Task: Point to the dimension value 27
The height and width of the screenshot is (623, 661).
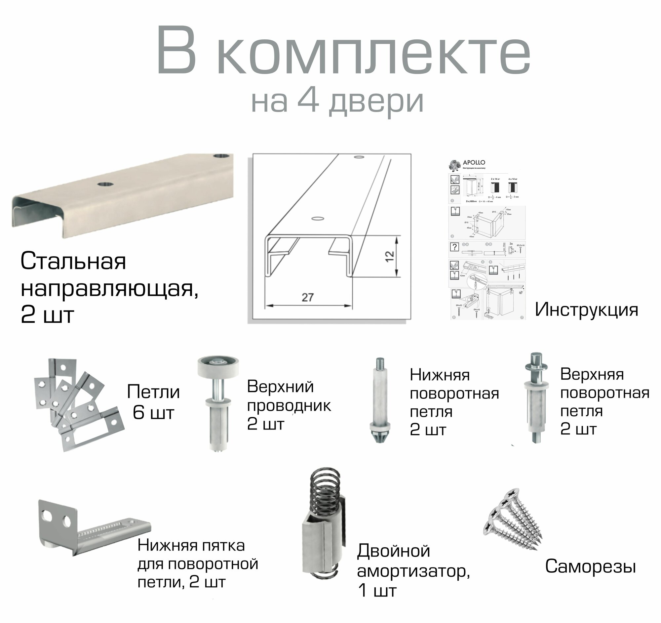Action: click(308, 297)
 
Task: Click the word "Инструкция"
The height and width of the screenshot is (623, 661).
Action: click(586, 310)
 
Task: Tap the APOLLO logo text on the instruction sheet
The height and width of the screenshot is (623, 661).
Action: click(474, 163)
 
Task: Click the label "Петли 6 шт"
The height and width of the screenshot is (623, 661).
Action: click(153, 402)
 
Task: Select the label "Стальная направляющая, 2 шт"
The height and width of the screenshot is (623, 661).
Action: click(110, 288)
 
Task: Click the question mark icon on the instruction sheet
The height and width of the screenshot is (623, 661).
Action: click(454, 246)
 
